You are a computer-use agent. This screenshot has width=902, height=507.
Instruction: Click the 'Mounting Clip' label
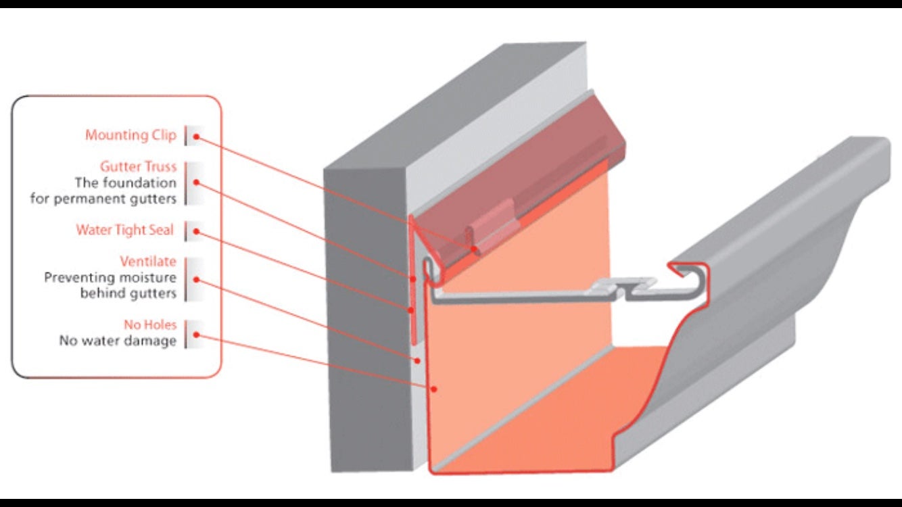click(x=130, y=135)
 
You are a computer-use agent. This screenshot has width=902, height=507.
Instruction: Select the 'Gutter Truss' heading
click(x=138, y=166)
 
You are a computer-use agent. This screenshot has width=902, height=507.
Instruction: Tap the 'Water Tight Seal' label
click(x=124, y=231)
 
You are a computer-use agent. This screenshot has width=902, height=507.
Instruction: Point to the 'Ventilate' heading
click(x=147, y=262)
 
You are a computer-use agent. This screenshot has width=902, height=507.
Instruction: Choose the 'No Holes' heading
click(x=149, y=325)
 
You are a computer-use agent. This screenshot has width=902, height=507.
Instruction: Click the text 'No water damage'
click(x=117, y=341)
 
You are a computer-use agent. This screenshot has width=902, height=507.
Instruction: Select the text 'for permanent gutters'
click(x=103, y=199)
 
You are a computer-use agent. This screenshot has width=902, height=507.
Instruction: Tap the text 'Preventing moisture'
click(x=110, y=278)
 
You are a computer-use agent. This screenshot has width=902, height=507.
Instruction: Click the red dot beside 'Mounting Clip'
click(x=197, y=137)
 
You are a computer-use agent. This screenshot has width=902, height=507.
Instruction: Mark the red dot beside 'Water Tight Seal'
click(x=197, y=232)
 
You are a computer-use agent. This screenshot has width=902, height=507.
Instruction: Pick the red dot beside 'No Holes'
click(x=197, y=334)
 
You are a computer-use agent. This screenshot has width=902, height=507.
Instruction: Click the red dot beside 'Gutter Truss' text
click(x=197, y=183)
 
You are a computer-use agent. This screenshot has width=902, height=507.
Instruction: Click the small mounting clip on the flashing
click(x=492, y=225)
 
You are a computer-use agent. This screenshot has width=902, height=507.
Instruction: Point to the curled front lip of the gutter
click(x=688, y=271)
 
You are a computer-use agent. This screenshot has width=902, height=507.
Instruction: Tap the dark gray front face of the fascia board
click(x=369, y=318)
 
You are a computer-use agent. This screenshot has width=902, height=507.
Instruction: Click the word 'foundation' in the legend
click(x=145, y=183)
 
